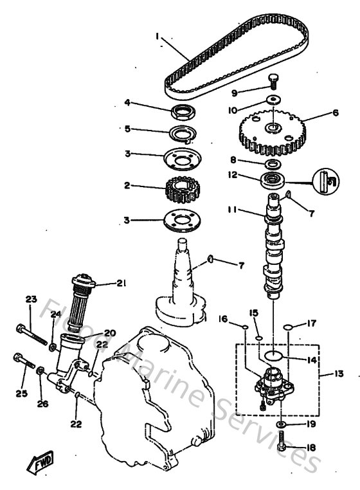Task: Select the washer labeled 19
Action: [x=283, y=426]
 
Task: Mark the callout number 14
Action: [x=312, y=361]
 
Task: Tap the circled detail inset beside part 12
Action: [x=325, y=181]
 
